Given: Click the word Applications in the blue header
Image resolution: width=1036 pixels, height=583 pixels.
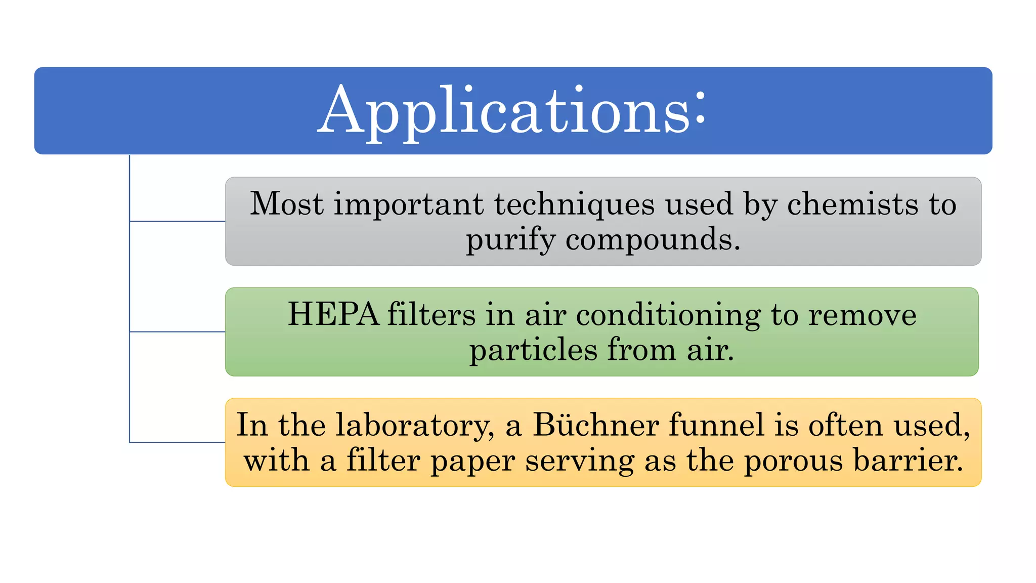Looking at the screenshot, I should point(503,111).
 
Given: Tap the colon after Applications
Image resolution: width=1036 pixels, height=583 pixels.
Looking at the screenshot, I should point(700,108).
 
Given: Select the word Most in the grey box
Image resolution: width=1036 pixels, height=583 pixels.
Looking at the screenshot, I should point(286,204).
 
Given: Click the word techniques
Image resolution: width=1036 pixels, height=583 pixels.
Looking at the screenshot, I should point(574,205).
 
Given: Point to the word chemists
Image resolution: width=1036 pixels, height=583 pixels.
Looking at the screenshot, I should point(852,204).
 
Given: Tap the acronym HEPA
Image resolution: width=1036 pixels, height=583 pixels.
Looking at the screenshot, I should point(333,314).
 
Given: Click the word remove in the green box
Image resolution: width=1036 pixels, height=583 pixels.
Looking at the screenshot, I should point(862,315).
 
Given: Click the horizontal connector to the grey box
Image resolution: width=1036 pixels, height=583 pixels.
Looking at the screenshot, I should point(178,221).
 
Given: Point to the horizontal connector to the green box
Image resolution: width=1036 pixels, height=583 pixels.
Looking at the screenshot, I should point(178,332).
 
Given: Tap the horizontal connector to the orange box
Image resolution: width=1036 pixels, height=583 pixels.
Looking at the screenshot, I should point(178,442).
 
